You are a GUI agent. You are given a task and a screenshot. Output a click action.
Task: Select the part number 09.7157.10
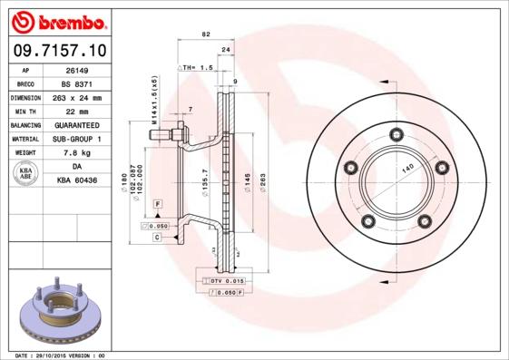(x=59, y=50)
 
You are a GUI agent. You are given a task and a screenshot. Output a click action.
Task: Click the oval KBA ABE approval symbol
(x=26, y=174)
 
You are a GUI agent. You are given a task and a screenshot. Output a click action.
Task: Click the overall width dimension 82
(x=206, y=34)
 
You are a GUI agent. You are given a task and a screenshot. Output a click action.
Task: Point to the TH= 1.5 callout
(x=198, y=68)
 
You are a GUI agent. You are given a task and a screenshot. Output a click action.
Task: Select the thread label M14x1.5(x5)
(x=155, y=100)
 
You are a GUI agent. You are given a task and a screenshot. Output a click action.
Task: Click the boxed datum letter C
(x=157, y=237)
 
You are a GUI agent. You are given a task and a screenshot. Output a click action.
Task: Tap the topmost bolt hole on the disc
(x=396, y=136)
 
